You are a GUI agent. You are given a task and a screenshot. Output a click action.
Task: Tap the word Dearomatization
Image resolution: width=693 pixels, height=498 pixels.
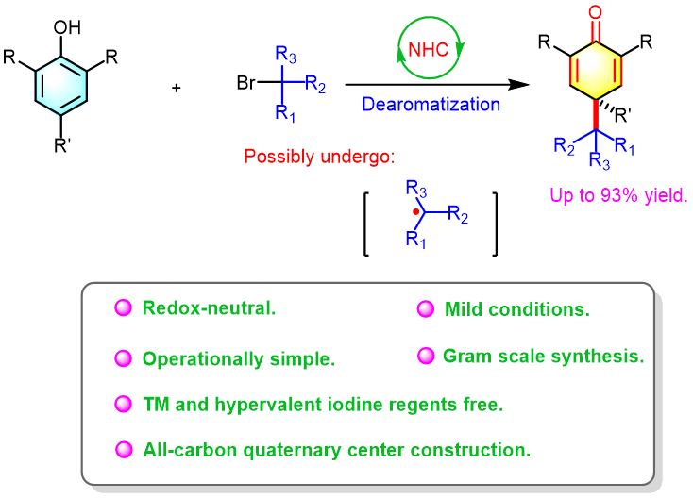pos(431,105)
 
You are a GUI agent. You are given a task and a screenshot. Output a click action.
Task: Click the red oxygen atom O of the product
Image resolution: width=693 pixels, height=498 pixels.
pos(596,12)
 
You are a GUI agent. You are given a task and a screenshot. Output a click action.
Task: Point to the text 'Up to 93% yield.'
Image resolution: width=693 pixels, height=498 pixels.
pos(619,197)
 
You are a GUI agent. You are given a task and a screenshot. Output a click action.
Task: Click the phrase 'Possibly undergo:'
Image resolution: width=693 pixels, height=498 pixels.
pos(319,157)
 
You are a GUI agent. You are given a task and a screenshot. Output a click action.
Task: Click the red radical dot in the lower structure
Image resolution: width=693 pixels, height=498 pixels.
pos(415,210)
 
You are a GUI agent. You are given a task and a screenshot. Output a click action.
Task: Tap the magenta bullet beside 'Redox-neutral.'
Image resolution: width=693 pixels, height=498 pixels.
pos(123,307)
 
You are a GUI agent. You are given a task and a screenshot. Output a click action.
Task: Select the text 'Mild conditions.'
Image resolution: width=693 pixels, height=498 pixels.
pos(517,309)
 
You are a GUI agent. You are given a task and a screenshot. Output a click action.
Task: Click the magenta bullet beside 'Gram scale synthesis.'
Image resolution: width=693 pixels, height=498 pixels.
pos(427,356)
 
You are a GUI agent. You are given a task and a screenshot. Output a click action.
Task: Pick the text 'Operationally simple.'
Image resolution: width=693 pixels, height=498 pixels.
pos(239,359)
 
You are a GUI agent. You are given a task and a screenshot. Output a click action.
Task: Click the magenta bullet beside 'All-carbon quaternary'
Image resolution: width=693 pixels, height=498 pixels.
pos(123,449)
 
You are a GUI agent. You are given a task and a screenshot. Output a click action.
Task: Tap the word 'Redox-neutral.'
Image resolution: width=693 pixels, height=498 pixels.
pos(209,307)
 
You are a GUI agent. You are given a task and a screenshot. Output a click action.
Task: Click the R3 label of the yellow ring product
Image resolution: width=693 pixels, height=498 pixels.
pos(599,161)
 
